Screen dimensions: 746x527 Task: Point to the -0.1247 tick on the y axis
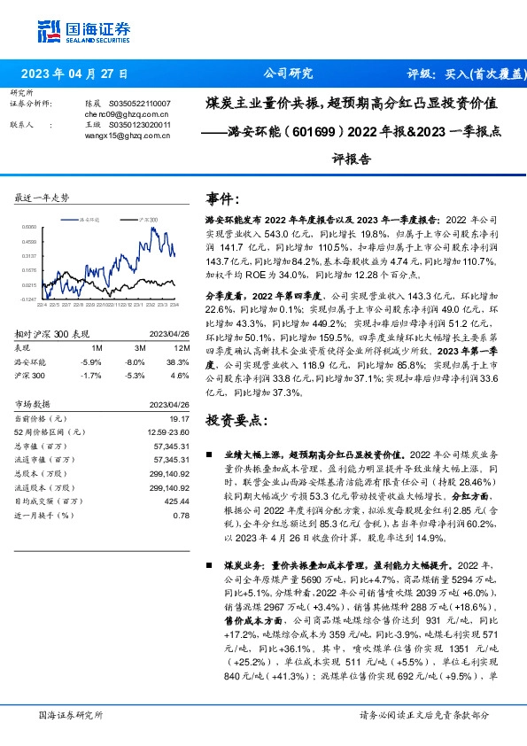pos(28,300)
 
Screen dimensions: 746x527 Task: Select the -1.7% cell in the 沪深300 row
pos(91,376)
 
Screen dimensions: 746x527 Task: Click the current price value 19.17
pos(180,417)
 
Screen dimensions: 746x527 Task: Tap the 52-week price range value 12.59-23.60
pos(167,431)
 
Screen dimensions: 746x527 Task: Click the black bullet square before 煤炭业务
pos(208,563)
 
